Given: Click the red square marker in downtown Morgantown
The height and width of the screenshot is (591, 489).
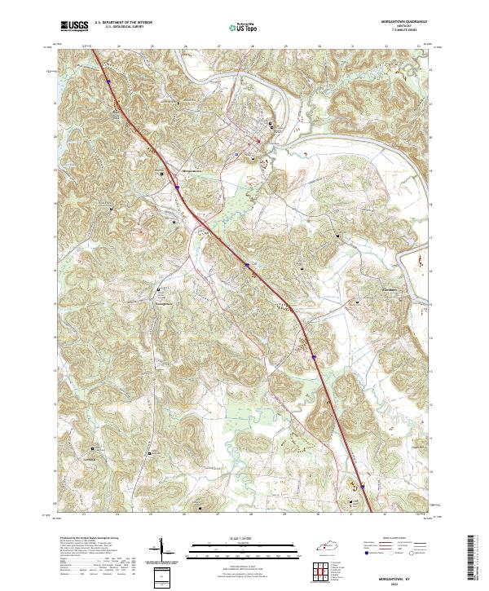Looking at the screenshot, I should click(259, 140).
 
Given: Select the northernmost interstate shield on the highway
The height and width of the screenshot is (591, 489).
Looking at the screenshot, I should click(108, 80).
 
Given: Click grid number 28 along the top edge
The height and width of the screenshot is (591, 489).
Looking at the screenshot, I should click(253, 46).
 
